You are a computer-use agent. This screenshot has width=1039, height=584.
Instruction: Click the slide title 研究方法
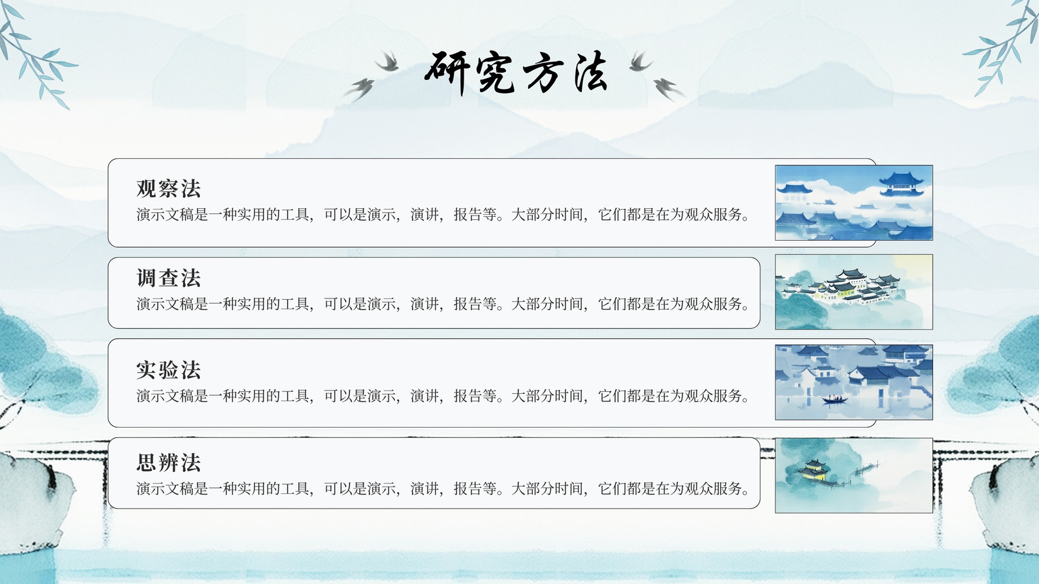(516, 73)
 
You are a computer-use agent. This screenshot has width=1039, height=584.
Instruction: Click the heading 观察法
(168, 189)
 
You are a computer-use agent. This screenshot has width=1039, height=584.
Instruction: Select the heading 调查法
(168, 278)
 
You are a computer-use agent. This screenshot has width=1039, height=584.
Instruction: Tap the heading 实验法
(168, 370)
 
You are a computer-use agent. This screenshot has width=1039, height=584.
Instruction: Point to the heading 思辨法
(168, 462)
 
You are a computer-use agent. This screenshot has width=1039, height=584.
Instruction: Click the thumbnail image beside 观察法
(854, 202)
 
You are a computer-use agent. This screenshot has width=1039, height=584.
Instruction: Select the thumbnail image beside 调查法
(854, 292)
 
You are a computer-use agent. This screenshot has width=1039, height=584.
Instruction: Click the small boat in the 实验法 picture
(834, 400)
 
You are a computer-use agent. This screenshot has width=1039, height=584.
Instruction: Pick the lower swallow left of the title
(360, 90)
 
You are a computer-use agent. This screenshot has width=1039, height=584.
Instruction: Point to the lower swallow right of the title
(668, 90)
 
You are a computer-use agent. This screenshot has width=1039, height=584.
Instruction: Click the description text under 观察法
(442, 215)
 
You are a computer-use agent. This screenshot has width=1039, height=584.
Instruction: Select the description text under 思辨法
(442, 489)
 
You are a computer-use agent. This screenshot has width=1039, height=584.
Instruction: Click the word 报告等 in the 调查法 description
(475, 304)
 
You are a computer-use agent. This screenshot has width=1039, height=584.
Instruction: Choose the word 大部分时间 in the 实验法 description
(547, 396)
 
